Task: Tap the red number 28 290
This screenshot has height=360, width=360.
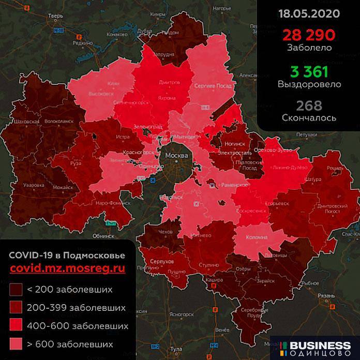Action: point(309,35)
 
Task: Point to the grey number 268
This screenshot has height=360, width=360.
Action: point(309,105)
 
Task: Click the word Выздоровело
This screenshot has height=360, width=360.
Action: point(309,83)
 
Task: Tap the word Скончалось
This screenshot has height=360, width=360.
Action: point(309,118)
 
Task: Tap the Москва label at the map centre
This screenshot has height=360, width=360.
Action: point(176,154)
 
